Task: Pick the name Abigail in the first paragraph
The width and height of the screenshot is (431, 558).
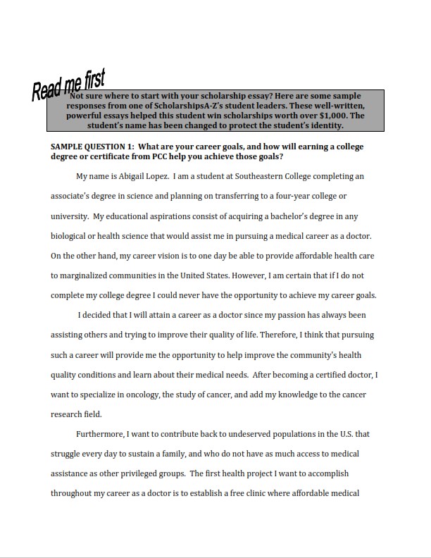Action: [x=135, y=176]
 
